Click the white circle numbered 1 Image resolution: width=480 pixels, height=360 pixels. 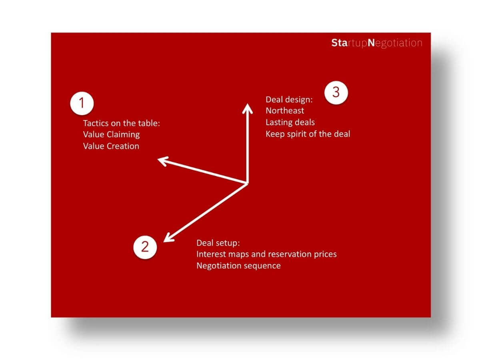pos(82,103)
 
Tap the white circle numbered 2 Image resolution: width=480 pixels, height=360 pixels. pos(145,247)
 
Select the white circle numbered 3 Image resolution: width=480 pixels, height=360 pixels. pos(336,92)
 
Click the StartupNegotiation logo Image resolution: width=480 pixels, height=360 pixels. pos(376,43)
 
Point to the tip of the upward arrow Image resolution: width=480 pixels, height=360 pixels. pos(247,104)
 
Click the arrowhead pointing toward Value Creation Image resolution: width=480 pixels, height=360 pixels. pos(162,161)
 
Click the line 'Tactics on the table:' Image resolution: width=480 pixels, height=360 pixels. pos(121,123)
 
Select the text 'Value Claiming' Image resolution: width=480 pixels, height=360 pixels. pos(111,134)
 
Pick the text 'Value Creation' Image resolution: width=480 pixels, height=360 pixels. pos(111,146)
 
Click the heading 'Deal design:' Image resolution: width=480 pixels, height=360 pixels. pos(289,100)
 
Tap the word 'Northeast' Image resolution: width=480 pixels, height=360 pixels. pos(285,111)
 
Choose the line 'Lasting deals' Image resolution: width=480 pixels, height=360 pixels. pos(290,122)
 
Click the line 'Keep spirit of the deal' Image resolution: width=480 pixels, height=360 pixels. pos(308,134)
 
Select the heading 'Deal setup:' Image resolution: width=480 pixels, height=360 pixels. pos(218,243)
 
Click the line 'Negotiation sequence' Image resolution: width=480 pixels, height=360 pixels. pos(238,266)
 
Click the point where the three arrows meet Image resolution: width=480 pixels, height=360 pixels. pos(247,183)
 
